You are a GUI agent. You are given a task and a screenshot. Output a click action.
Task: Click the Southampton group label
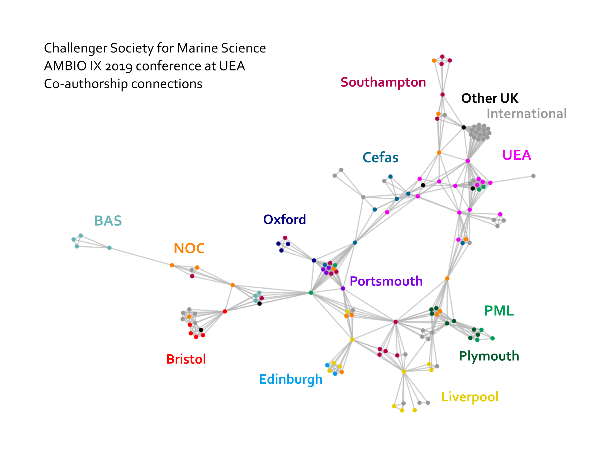pyautogui.click(x=383, y=82)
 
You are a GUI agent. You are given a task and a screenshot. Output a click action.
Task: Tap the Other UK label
pyautogui.click(x=490, y=98)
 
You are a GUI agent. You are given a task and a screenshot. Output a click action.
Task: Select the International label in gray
pyautogui.click(x=527, y=114)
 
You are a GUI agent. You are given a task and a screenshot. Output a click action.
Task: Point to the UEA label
pyautogui.click(x=516, y=155)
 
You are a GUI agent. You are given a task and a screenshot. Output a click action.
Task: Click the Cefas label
pyautogui.click(x=380, y=158)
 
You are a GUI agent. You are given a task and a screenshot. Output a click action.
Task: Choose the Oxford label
pyautogui.click(x=284, y=220)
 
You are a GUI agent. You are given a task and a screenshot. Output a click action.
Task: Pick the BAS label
pyautogui.click(x=108, y=221)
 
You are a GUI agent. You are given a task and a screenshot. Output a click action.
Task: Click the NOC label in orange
pyautogui.click(x=189, y=248)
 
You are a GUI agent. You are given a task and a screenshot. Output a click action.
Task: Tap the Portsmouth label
pyautogui.click(x=386, y=281)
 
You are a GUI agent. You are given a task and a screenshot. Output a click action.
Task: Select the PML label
pyautogui.click(x=499, y=311)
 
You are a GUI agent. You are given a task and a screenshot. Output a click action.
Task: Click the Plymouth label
pyautogui.click(x=489, y=356)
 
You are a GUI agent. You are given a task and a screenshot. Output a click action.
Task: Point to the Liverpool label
pyautogui.click(x=470, y=397)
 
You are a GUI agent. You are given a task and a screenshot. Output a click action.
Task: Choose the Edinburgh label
pyautogui.click(x=291, y=379)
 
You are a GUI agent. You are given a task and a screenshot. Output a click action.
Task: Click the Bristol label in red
pyautogui.click(x=186, y=359)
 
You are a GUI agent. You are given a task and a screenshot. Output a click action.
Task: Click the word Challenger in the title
pyautogui.click(x=75, y=48)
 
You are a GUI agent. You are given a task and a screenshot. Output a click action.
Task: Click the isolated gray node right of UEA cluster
pyautogui.click(x=533, y=176)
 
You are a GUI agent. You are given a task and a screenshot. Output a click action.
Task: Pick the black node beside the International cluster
pyautogui.click(x=464, y=127)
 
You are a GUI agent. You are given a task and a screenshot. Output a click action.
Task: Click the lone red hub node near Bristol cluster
pyautogui.click(x=225, y=311)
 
